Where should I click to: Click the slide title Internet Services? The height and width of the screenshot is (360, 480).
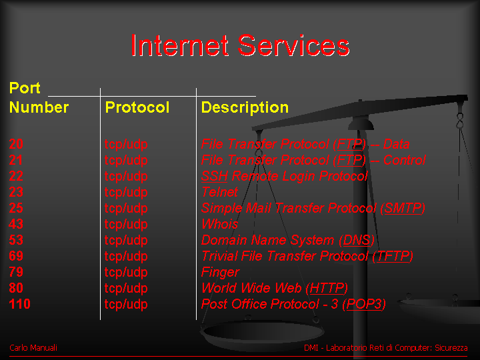[x=241, y=45]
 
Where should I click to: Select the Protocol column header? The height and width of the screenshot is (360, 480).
[x=137, y=107]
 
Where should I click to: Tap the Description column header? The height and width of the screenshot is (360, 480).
[x=245, y=108]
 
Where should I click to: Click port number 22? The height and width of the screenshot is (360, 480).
[x=16, y=176]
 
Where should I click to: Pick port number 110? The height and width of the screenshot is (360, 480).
[x=20, y=304]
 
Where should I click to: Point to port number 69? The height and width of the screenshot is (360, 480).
[x=16, y=256]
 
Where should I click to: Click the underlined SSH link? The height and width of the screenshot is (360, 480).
[x=215, y=176]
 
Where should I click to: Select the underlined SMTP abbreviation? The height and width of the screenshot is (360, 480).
[x=403, y=208]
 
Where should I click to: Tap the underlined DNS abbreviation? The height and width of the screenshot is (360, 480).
[x=357, y=240]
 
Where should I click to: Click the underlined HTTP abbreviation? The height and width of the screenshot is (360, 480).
[x=327, y=288]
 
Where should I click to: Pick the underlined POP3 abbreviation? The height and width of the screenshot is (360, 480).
[x=364, y=304]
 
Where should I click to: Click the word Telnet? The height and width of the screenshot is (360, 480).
[x=219, y=192]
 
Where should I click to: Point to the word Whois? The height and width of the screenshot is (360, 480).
[x=220, y=224]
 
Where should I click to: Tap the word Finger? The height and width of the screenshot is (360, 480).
[x=221, y=273]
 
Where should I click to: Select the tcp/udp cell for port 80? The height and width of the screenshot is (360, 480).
[x=126, y=289]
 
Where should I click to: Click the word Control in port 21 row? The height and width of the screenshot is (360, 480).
[x=405, y=160]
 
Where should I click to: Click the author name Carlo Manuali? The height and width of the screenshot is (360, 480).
[x=33, y=348]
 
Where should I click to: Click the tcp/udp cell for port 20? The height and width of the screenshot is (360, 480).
[x=126, y=145]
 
